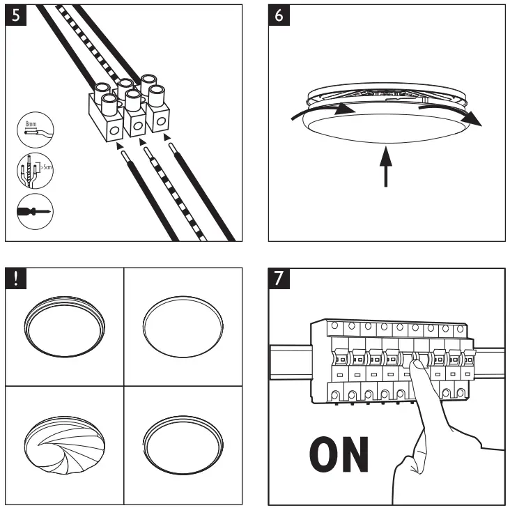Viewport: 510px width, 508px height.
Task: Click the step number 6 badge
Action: [280, 16]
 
